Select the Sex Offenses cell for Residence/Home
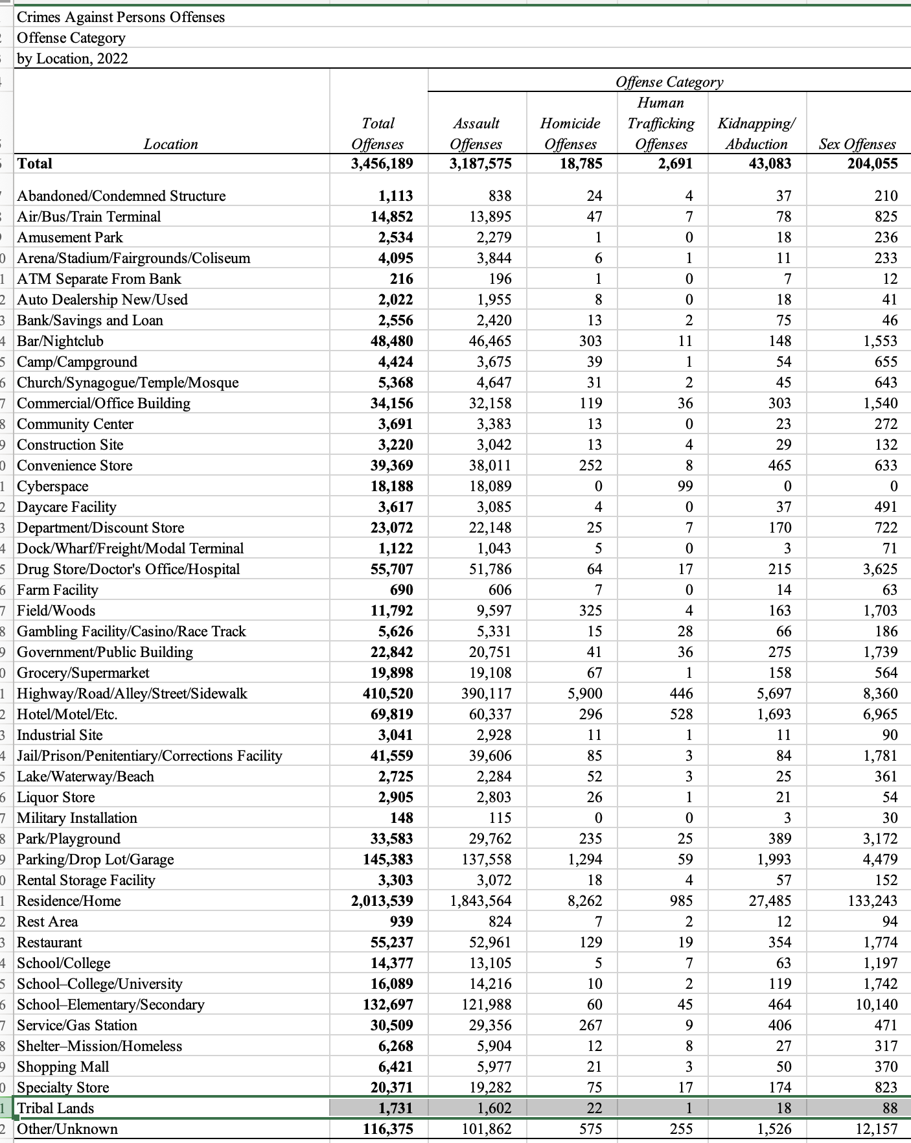coord(872,901)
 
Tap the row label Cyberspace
coord(52,486)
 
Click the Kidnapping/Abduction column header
coord(756,133)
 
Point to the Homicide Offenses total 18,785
coord(581,163)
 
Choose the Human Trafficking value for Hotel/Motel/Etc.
coord(680,714)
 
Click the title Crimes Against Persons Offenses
coord(121,17)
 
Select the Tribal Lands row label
coord(56,1108)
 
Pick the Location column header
coord(171,144)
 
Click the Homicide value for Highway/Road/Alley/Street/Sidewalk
coord(584,693)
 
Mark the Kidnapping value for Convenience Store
coord(779,465)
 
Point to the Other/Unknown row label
coord(67,1129)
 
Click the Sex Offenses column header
coord(857,144)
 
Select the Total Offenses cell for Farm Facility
coord(397,590)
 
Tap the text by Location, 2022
coord(73,58)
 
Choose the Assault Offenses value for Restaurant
coord(490,942)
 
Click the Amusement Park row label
coord(70,237)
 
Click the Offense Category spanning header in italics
coord(669,82)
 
